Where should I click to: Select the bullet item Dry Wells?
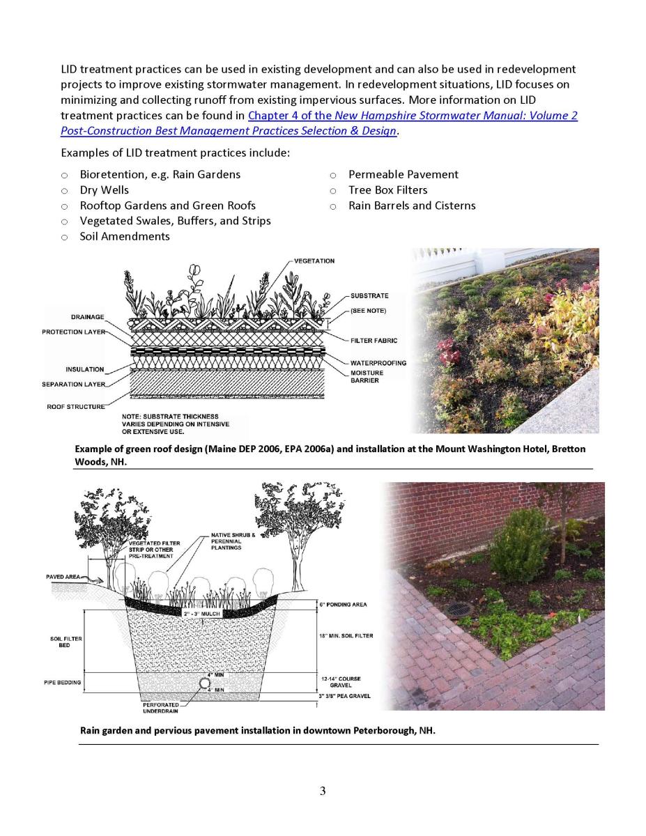pyautogui.click(x=104, y=189)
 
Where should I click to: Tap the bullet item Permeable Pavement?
pyautogui.click(x=403, y=174)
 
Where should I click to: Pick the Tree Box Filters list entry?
pyautogui.click(x=387, y=189)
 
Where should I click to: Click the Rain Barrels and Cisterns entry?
pyautogui.click(x=411, y=206)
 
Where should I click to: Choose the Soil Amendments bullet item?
pyautogui.click(x=124, y=236)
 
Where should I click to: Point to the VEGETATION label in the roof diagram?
pyautogui.click(x=314, y=261)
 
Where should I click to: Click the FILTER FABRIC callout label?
pyautogui.click(x=374, y=341)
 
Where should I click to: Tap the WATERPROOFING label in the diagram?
pyautogui.click(x=378, y=363)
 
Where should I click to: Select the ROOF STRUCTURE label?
pyautogui.click(x=75, y=406)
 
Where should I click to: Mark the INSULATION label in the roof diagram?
pyautogui.click(x=84, y=369)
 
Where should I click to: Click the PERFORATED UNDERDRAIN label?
pyautogui.click(x=160, y=708)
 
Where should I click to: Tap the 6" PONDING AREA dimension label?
pyautogui.click(x=343, y=604)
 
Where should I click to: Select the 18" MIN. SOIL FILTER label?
pyautogui.click(x=346, y=635)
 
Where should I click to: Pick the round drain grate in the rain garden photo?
pyautogui.click(x=458, y=609)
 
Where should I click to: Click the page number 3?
pyautogui.click(x=323, y=790)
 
